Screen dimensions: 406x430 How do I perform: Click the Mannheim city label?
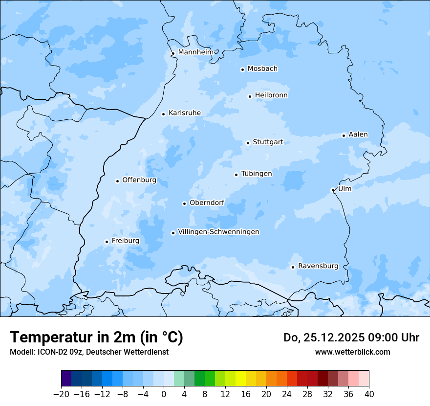[x=195, y=52]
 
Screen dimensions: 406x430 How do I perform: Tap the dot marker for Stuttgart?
[x=248, y=143]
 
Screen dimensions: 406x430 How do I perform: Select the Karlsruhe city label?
[x=184, y=113]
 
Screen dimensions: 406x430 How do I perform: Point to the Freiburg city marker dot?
[x=107, y=242]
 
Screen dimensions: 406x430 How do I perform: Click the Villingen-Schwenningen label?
[x=218, y=232]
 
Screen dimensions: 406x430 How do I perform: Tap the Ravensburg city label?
[x=318, y=266]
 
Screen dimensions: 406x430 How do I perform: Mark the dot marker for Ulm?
[x=333, y=190]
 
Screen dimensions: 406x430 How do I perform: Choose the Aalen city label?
[x=358, y=135]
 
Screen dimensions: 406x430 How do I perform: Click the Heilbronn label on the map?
[x=271, y=95]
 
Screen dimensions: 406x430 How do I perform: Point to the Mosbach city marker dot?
[x=242, y=69]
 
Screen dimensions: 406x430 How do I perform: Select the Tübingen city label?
[x=256, y=174]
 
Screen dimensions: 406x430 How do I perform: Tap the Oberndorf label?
[x=207, y=203]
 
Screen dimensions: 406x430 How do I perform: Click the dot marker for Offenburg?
[x=117, y=181]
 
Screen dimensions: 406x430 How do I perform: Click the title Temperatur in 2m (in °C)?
[x=96, y=338]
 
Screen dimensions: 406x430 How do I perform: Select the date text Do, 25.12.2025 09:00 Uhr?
[x=351, y=338]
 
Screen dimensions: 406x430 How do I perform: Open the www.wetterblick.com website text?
[x=352, y=352]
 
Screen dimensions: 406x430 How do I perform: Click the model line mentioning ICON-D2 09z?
[x=89, y=352]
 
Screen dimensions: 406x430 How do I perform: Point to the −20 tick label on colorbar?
[x=61, y=394]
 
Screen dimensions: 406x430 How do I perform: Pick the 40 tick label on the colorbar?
[x=369, y=394]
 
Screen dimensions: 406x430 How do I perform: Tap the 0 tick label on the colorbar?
[x=164, y=394]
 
